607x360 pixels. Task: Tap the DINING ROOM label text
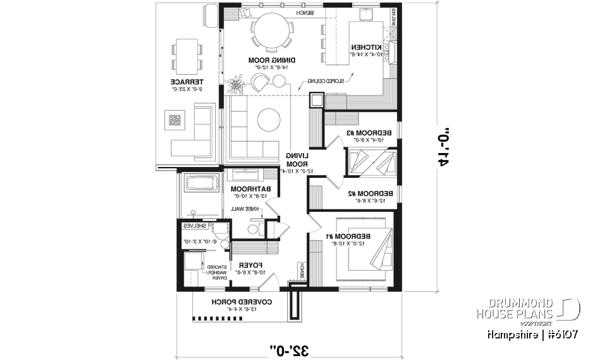(267, 60)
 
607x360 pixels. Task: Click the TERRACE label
(187, 82)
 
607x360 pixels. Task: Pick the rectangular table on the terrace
(187, 55)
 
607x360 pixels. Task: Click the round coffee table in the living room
(269, 120)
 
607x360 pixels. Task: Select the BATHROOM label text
(250, 189)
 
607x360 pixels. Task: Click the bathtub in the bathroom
(200, 185)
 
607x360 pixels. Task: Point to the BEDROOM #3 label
(369, 132)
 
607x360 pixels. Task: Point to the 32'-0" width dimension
(288, 349)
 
